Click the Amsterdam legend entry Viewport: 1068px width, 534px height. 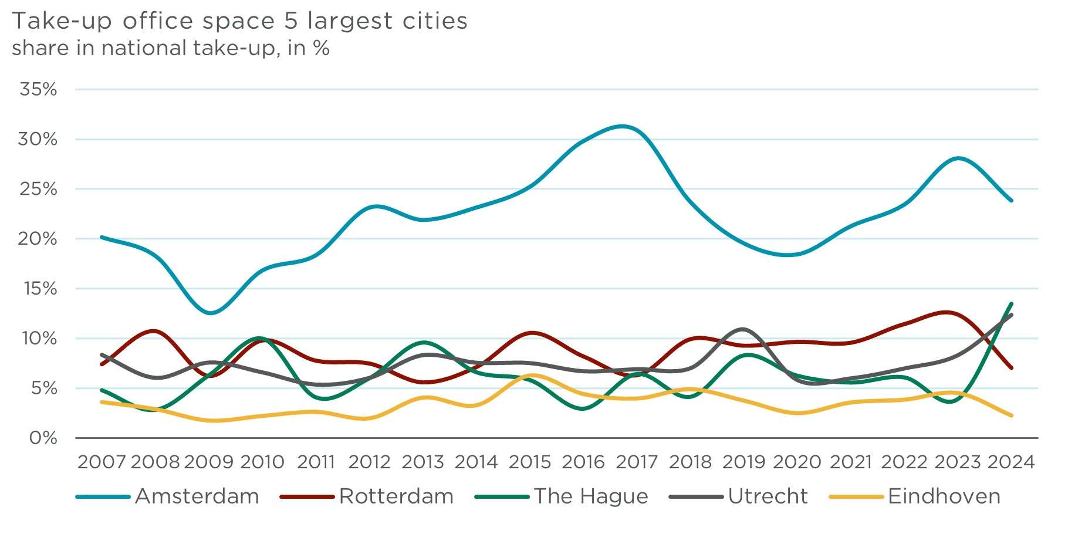point(197,496)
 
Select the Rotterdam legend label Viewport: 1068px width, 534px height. point(396,496)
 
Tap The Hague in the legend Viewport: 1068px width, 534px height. point(590,496)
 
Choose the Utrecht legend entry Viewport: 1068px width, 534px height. point(768,496)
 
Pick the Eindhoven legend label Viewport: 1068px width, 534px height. point(944,496)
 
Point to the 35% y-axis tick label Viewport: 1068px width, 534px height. point(39,89)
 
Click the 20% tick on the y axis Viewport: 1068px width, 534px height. point(39,239)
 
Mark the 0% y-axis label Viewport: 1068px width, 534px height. point(43,438)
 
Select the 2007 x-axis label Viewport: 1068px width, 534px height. point(102,462)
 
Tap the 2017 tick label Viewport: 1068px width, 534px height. point(637,462)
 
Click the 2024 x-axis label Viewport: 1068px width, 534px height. point(1010,462)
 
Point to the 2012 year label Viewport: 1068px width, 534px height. point(369,462)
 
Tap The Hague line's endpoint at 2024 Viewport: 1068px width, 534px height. point(1011,304)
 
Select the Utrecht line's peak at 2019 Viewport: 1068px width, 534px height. point(743,329)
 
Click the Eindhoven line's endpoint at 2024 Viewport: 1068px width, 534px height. point(1011,415)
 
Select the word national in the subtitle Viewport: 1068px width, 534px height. point(144,48)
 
